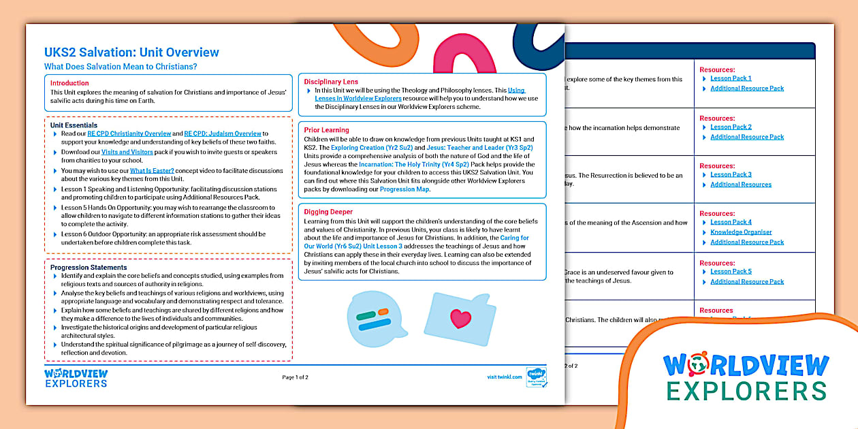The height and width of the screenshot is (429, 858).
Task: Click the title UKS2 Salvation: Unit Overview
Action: point(131,52)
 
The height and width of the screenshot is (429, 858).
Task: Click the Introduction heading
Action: point(69,83)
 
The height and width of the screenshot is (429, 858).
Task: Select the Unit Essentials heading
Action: point(74,125)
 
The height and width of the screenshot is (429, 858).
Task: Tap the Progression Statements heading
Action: point(89,268)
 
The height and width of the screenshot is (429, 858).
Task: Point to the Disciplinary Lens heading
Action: point(331,82)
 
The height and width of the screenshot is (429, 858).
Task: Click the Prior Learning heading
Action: point(326,130)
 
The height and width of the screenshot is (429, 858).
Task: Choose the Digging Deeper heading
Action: point(328,212)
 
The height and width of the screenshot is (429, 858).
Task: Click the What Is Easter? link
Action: point(152,170)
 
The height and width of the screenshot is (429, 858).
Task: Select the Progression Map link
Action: point(404,189)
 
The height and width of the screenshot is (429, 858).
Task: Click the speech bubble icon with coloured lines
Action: point(372,318)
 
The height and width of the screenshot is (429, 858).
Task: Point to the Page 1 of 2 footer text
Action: point(295,377)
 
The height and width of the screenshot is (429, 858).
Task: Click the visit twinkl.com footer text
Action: point(505,377)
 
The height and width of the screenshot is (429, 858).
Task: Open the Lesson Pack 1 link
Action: point(731,78)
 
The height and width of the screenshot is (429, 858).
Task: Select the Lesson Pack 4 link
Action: point(731,222)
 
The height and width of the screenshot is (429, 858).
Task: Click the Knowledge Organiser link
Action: point(741,232)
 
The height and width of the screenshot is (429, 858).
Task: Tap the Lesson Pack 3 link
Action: point(731,174)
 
